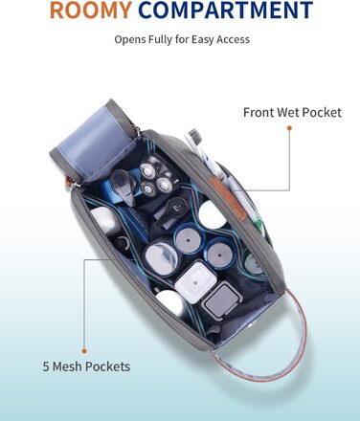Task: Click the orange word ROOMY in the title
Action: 91,10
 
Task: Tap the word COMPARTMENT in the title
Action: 226,10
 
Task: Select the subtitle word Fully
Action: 158,40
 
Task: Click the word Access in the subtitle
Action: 233,39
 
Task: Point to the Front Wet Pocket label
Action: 292,112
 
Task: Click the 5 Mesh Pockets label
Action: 86,366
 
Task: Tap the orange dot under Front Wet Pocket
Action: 289,128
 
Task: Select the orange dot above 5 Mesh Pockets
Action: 84,351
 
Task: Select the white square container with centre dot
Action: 195,282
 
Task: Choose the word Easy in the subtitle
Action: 203,40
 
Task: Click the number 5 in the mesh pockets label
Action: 46,366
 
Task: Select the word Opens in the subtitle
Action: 127,40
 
